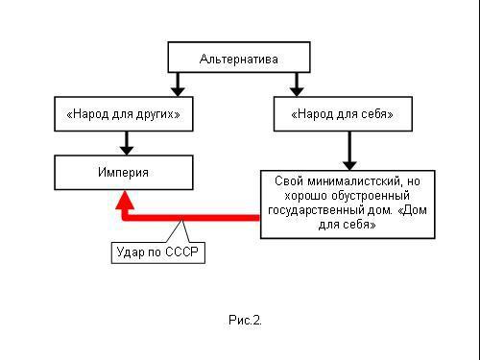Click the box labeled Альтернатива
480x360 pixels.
[239, 59]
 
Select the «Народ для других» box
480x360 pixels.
[123, 116]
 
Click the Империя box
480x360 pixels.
[123, 173]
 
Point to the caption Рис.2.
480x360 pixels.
[245, 320]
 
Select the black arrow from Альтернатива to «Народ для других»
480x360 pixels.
[178, 84]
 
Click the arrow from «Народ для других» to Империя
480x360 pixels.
[123, 143]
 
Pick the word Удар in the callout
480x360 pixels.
[130, 252]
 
